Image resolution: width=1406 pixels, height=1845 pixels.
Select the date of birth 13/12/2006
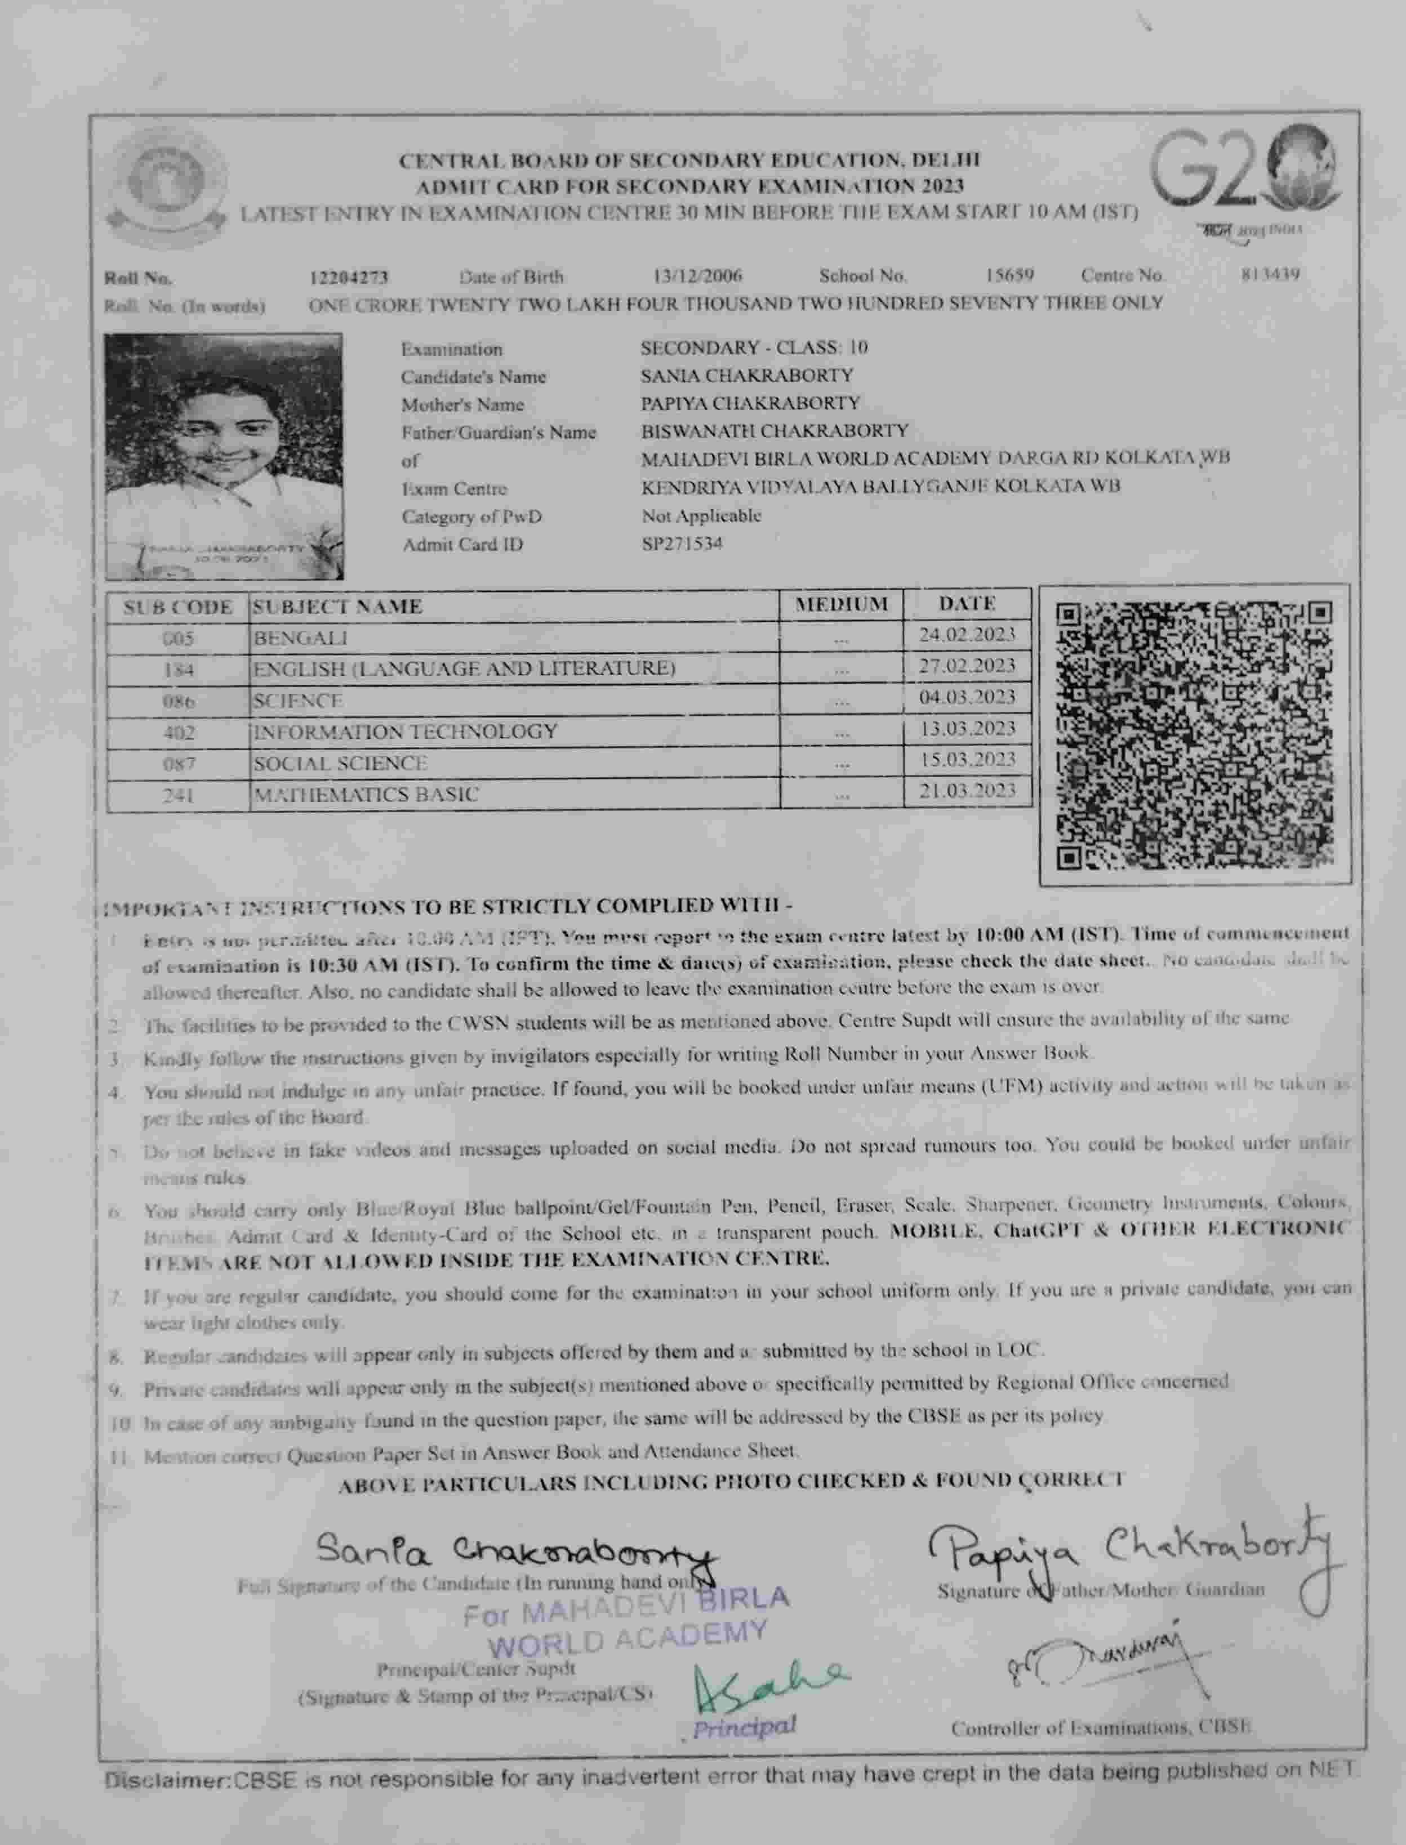pos(697,275)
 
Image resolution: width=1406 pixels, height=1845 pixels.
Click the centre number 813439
pos(1270,274)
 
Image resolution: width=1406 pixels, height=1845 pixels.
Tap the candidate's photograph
pos(224,456)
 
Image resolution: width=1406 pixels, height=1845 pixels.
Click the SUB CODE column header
pos(178,607)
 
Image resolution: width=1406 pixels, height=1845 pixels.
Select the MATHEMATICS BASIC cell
pos(367,794)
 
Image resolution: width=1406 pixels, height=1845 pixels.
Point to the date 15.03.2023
pos(967,760)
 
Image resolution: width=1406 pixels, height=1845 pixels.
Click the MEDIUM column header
pos(841,604)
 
